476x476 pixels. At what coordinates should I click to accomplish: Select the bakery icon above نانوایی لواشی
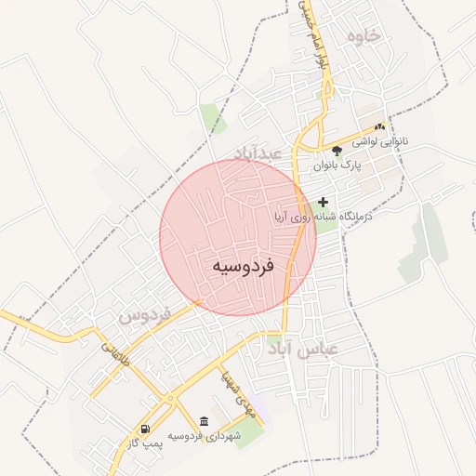coord(379,126)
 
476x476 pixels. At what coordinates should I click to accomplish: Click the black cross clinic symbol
coord(324,201)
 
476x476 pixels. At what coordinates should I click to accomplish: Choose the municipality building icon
coord(205,420)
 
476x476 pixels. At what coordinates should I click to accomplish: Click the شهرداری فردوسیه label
coord(205,435)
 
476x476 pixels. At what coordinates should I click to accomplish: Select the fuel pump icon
coord(145,429)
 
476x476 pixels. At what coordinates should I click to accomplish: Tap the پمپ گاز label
coord(146,443)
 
